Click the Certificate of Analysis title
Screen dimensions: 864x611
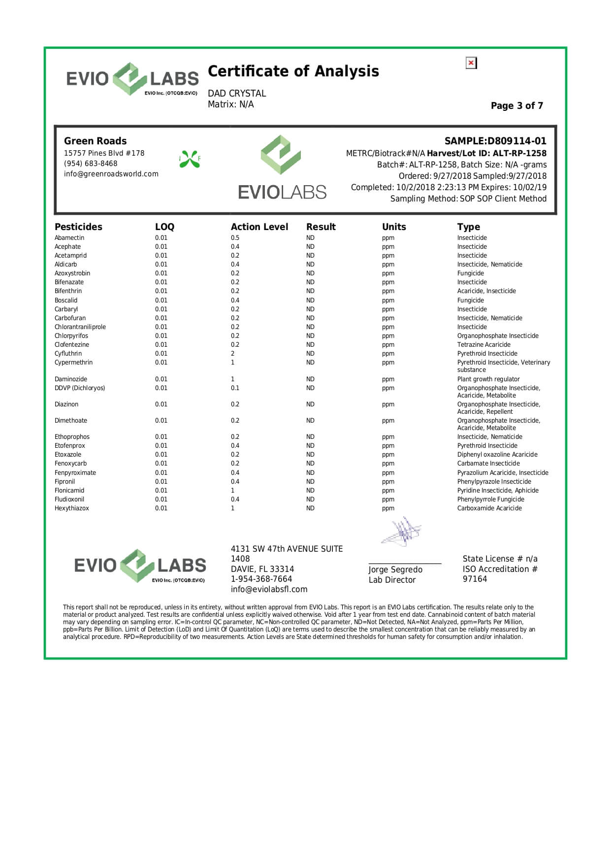click(293, 71)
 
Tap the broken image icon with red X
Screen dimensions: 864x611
click(471, 63)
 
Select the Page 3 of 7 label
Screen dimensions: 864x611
click(516, 106)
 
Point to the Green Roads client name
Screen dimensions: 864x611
click(95, 141)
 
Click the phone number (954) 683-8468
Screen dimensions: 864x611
click(91, 164)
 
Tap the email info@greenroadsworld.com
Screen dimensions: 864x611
click(111, 174)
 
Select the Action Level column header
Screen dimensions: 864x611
click(259, 227)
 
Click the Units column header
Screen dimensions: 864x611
click(394, 227)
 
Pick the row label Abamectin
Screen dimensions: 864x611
click(69, 238)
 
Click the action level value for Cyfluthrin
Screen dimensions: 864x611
click(233, 354)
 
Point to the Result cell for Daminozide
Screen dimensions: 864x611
click(310, 379)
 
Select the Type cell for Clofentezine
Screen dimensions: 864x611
click(483, 345)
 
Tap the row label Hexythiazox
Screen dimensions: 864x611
click(72, 508)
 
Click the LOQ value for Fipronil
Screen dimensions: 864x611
click(161, 482)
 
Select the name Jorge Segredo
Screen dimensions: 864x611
click(395, 569)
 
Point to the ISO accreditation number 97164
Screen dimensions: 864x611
click(475, 579)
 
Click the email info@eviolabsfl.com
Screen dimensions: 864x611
click(269, 590)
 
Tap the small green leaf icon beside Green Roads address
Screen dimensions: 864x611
click(190, 159)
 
